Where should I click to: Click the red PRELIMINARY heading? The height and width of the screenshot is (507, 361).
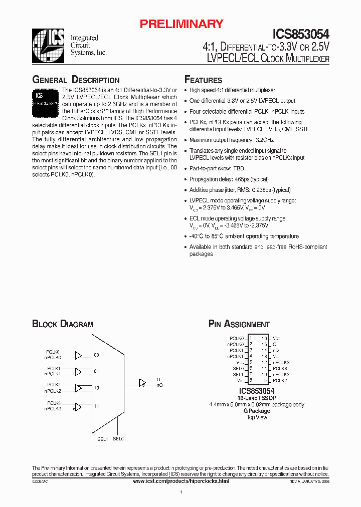tap(181, 24)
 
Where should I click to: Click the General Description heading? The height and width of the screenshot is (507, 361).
tap(76, 80)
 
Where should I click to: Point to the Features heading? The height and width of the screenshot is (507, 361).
tap(203, 80)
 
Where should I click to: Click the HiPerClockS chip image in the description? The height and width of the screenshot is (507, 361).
tap(46, 101)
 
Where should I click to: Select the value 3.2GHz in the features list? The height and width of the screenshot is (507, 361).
tap(251, 140)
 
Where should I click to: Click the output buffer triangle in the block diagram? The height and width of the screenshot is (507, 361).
tap(142, 383)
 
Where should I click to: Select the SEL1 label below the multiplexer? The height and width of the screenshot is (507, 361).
tap(102, 439)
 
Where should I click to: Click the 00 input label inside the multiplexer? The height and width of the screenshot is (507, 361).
tap(96, 355)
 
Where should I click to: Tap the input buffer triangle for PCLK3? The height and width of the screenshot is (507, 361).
tap(78, 406)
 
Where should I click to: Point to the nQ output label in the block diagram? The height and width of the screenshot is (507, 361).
tap(159, 385)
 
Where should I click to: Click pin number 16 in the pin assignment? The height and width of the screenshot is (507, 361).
tap(264, 338)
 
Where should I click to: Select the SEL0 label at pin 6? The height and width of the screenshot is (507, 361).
tap(238, 368)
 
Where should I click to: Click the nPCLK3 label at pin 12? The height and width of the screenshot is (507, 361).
tap(281, 362)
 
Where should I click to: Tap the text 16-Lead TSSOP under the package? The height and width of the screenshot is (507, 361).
tap(257, 398)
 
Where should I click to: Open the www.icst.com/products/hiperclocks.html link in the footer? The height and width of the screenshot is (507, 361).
tap(181, 481)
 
